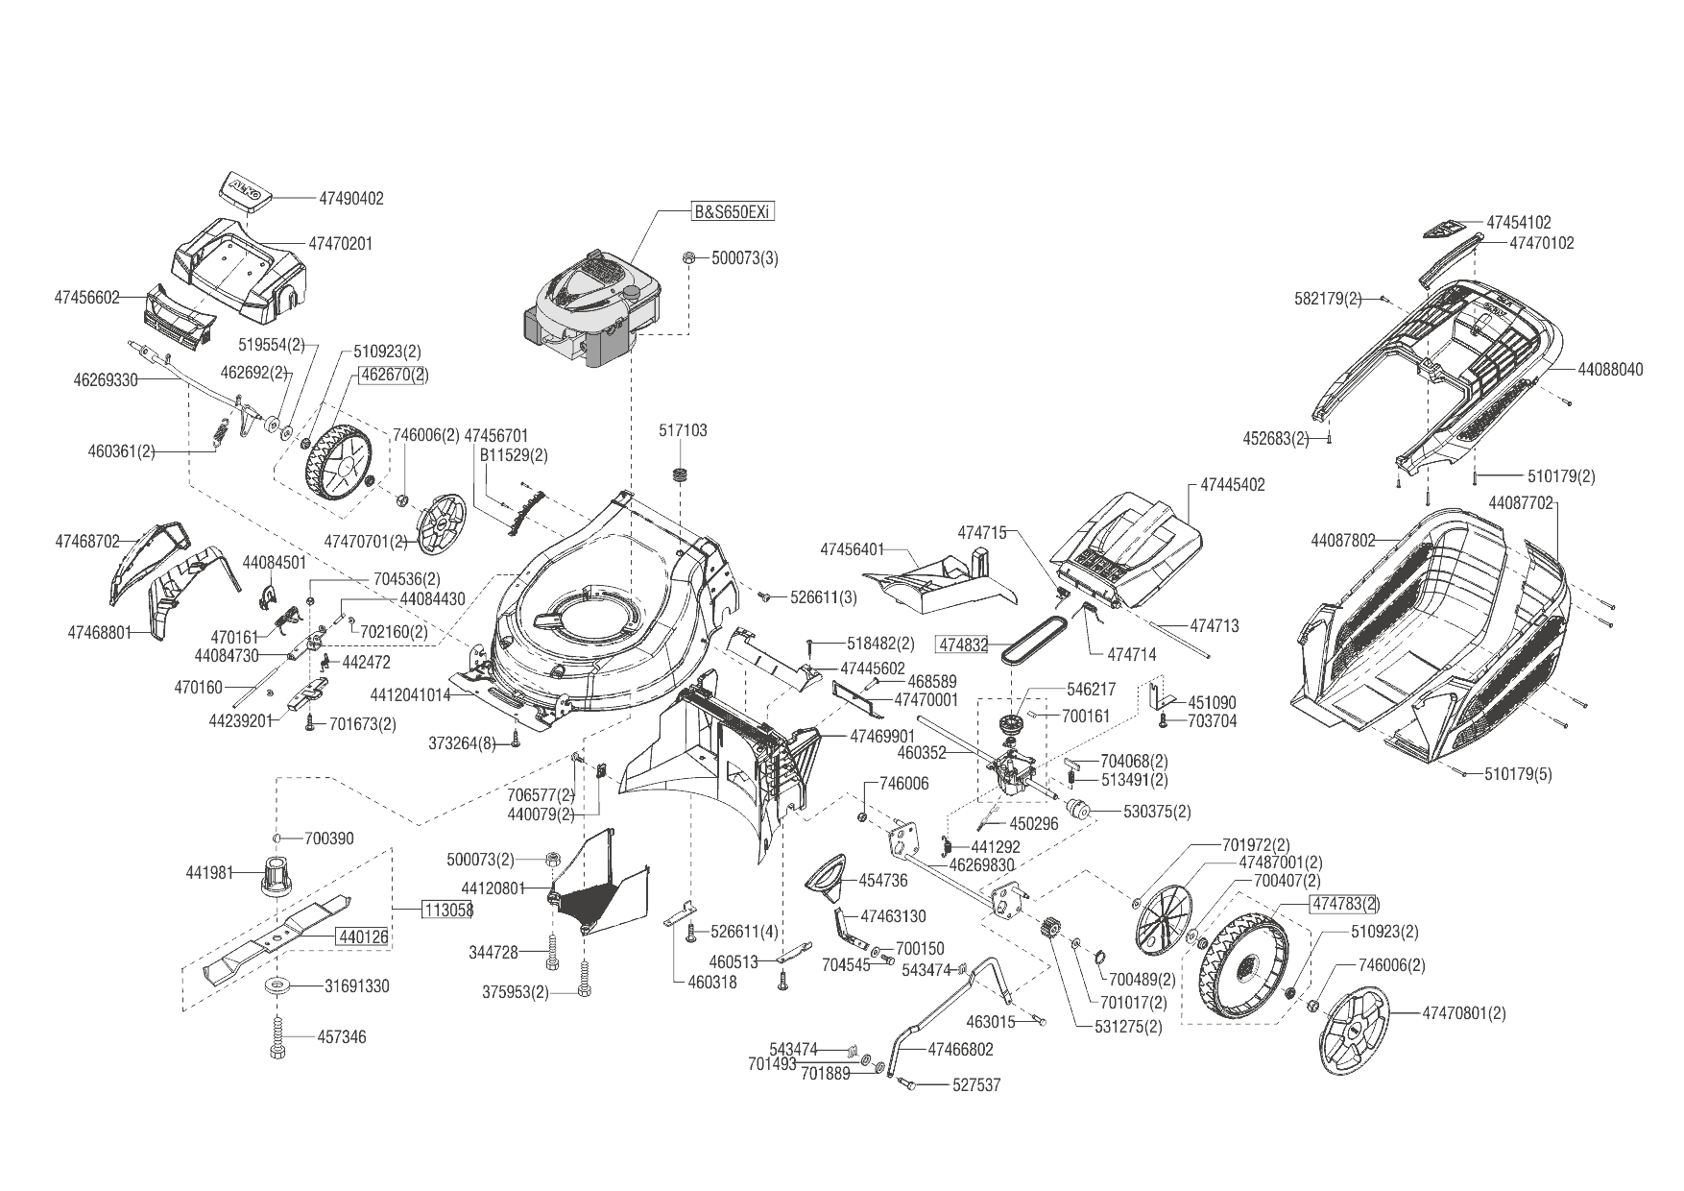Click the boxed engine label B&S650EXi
[732, 212]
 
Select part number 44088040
[1610, 369]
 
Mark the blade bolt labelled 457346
[277, 1036]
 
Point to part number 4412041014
[410, 694]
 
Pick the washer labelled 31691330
[277, 985]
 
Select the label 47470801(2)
[1463, 1012]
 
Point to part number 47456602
[86, 298]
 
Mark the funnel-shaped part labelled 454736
[827, 876]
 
